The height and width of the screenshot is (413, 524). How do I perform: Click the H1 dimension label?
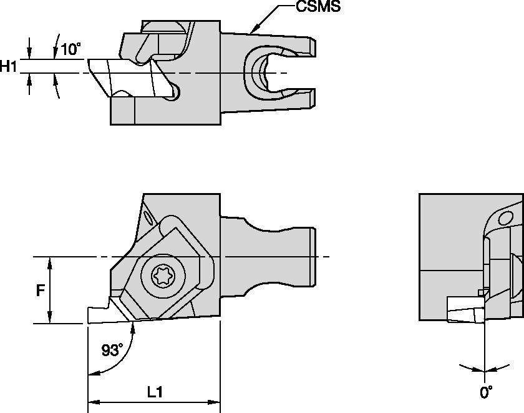coord(9,66)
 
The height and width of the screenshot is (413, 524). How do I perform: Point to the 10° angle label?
coord(71,49)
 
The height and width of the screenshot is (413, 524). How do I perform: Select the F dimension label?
coord(39,291)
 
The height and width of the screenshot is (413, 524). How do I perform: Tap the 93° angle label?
coord(112,351)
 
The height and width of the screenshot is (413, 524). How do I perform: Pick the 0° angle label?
coord(486,394)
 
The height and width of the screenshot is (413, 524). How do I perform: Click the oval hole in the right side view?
coord(506,219)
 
